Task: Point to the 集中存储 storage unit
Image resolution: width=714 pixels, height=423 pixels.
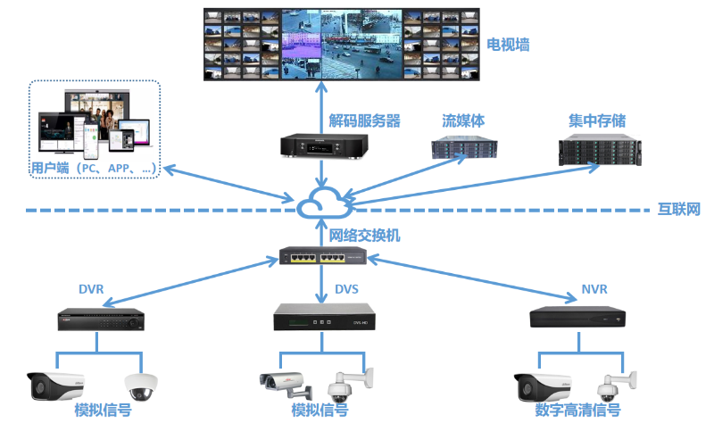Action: coord(596,149)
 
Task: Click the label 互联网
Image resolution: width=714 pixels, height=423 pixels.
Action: coord(679,210)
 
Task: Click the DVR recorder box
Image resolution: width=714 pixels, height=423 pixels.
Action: coord(101,317)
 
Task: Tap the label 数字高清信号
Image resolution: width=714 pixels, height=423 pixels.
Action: coord(577,411)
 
